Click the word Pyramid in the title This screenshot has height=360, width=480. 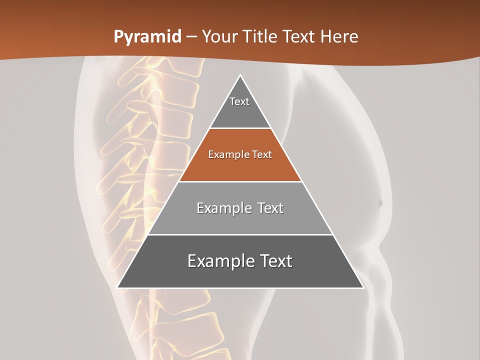click(x=147, y=37)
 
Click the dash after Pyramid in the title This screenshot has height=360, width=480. click(x=191, y=37)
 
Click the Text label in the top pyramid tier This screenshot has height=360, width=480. click(x=239, y=101)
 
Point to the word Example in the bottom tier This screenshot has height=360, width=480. click(x=218, y=261)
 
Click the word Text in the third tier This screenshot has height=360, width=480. click(x=270, y=208)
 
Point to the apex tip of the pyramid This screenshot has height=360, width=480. click(x=240, y=76)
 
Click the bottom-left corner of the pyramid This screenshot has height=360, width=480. click(x=118, y=287)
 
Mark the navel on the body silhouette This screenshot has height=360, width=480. click(x=379, y=203)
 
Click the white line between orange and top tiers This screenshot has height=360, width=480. click(x=240, y=128)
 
